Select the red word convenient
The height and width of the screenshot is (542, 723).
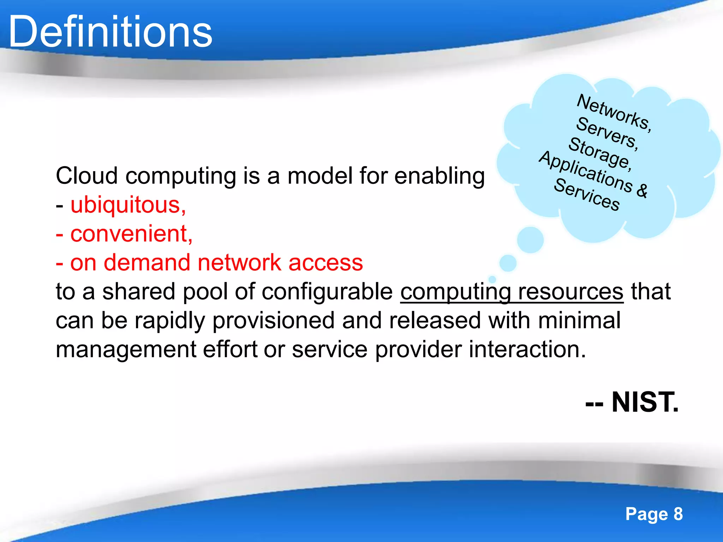(x=131, y=234)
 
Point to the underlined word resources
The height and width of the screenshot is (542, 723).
(x=570, y=292)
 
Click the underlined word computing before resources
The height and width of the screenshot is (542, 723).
(x=455, y=292)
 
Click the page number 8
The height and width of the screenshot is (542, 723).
(x=678, y=514)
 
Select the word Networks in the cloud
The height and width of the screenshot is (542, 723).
(x=614, y=112)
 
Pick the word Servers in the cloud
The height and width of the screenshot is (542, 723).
(x=607, y=133)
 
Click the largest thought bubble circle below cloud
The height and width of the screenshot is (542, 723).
(x=530, y=240)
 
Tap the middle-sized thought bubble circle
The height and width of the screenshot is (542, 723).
(x=508, y=263)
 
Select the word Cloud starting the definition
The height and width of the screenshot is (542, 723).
(x=86, y=176)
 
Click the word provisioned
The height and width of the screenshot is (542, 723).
(x=273, y=321)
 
